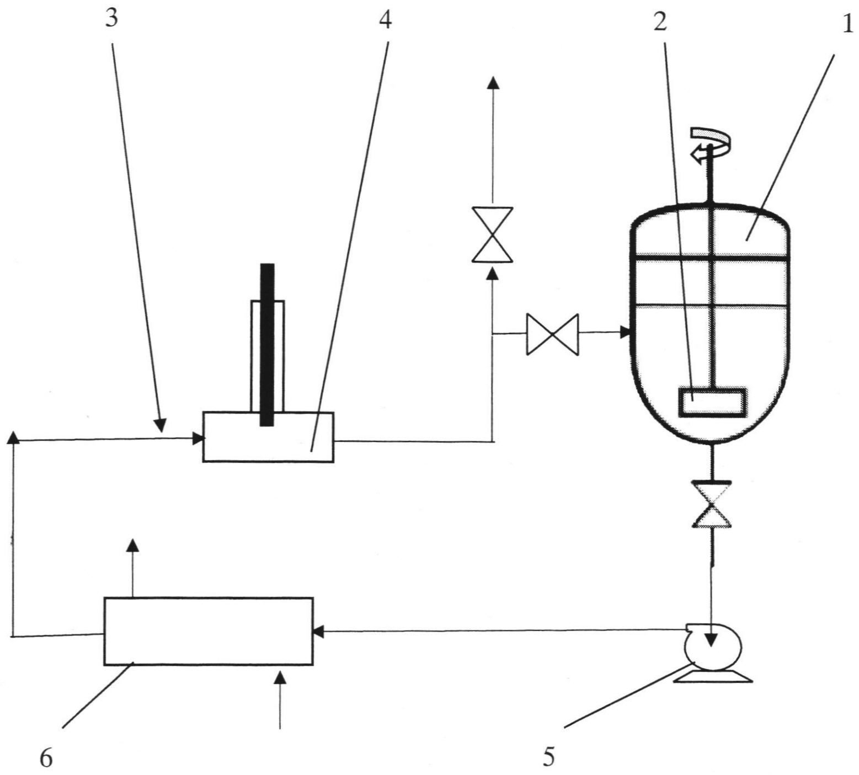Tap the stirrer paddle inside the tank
point(712,401)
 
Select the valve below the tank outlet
point(712,504)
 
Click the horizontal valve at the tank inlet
point(552,334)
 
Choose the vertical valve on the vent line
point(493,234)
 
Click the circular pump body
point(712,648)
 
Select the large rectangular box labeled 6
point(209,631)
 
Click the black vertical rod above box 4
point(267,345)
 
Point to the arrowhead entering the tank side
point(625,332)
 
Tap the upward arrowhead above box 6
point(133,544)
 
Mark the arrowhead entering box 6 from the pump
point(318,631)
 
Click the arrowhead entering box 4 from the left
point(198,439)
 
